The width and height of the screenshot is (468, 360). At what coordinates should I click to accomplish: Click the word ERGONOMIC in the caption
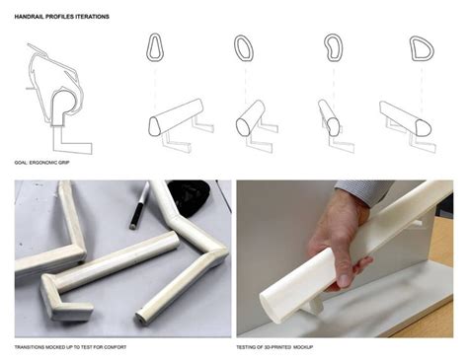[43, 163]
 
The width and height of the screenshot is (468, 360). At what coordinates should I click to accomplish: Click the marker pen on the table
[139, 205]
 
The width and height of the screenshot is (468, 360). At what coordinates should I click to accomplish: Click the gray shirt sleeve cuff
[363, 189]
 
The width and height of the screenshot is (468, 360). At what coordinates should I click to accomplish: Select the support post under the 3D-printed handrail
[315, 305]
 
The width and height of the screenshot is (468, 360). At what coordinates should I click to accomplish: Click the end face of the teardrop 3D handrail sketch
[154, 126]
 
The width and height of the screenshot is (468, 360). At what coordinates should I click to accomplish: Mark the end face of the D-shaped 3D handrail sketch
[423, 128]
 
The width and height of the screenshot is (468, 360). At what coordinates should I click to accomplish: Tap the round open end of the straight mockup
[141, 319]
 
